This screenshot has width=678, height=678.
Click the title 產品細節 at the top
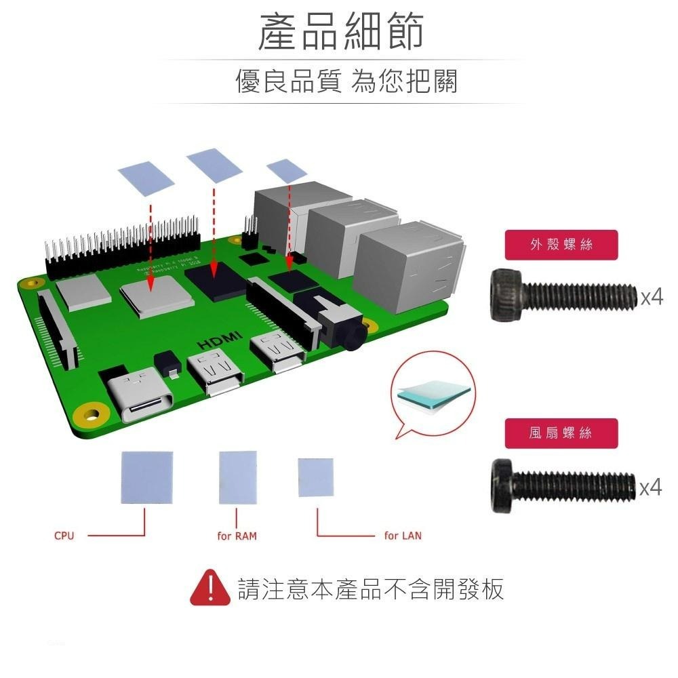[341, 32]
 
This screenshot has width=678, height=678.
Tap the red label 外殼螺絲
[561, 245]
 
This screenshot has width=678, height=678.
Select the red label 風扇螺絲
[561, 433]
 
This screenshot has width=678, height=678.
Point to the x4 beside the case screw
[652, 296]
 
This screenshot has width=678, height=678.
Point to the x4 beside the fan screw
[652, 486]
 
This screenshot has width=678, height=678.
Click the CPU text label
[64, 536]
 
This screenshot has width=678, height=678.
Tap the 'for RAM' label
[237, 536]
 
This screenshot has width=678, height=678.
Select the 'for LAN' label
[403, 536]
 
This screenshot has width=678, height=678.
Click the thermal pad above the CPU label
[146, 478]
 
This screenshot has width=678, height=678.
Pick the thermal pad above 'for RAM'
[239, 478]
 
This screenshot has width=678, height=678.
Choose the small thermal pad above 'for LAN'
[316, 477]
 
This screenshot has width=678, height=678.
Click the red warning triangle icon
[210, 588]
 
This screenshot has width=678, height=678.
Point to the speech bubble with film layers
[433, 397]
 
